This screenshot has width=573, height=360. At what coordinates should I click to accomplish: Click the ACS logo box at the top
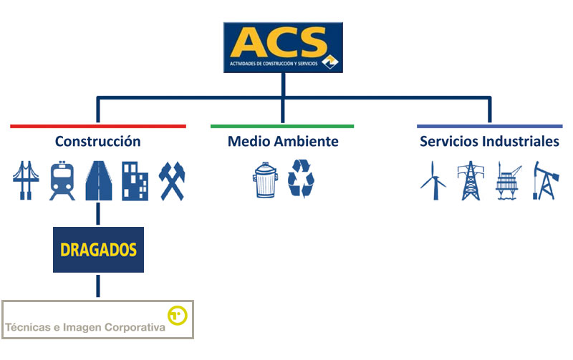tap(283, 47)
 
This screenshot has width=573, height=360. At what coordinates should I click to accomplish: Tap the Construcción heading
tap(97, 141)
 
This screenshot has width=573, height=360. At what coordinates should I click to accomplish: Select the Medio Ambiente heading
tap(283, 141)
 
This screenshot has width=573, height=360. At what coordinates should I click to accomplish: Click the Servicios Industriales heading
tap(489, 141)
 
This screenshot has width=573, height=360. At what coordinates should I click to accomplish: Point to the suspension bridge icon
tap(26, 180)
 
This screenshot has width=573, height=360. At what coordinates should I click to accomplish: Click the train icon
tap(62, 180)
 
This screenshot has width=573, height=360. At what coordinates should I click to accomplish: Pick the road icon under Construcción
tap(99, 180)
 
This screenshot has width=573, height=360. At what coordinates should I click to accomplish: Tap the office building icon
tap(135, 181)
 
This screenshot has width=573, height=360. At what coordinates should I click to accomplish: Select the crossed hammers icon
tap(172, 181)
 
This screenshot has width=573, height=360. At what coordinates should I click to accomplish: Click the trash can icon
tap(265, 180)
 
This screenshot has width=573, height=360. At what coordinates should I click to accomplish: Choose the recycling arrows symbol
tap(301, 178)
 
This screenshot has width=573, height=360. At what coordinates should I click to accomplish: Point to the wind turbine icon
tap(434, 180)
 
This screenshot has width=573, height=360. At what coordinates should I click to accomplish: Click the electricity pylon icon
tap(471, 180)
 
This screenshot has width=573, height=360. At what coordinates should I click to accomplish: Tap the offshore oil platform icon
tap(509, 180)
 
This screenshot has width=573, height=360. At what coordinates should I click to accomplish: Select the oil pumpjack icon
tap(546, 180)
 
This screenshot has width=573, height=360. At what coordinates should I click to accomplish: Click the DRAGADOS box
tap(98, 250)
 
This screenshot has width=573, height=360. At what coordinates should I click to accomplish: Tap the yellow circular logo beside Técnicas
tap(177, 316)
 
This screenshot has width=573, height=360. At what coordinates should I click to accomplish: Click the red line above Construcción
tap(98, 127)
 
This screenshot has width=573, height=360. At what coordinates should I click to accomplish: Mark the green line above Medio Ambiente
tap(282, 127)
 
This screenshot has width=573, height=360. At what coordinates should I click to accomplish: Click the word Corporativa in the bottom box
tap(135, 327)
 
